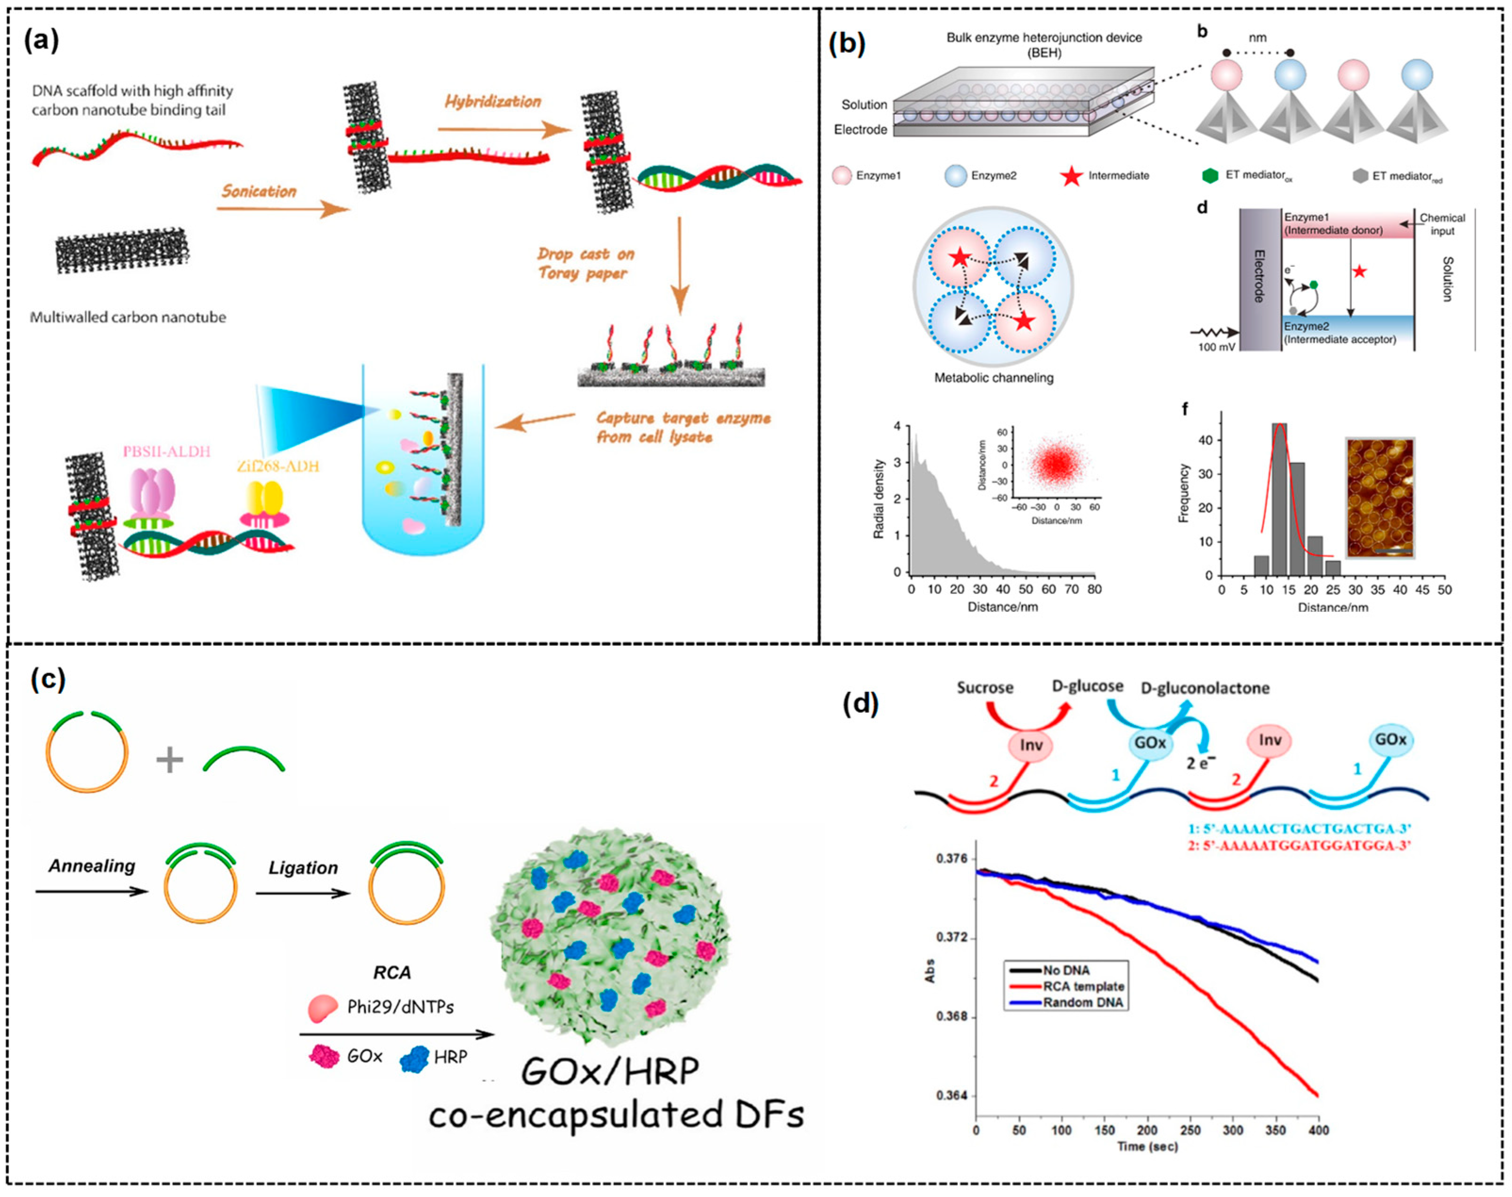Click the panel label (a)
click(41, 41)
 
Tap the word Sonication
click(259, 191)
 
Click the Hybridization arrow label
click(493, 102)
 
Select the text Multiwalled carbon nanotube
click(128, 317)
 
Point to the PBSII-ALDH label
click(167, 451)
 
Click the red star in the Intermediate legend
click(1071, 175)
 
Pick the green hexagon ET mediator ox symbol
click(1210, 175)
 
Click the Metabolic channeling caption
click(993, 378)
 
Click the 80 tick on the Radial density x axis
click(1094, 589)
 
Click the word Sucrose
click(984, 687)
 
